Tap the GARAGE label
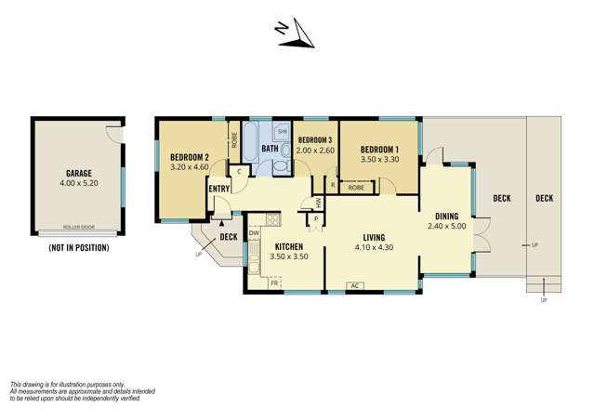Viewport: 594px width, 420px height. click(78, 173)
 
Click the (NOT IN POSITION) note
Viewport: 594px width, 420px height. click(78, 248)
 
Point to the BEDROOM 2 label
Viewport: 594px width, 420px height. click(189, 157)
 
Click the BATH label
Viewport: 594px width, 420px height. click(270, 149)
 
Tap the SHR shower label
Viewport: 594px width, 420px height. click(281, 132)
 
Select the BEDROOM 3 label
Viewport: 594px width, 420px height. click(314, 139)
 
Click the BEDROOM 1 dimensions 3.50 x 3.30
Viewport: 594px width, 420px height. click(379, 160)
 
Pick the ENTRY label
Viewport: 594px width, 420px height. click(219, 190)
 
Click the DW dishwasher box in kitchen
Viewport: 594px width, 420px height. click(254, 233)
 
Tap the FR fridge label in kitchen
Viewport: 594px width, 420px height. click(274, 282)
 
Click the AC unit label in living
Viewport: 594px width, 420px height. click(353, 285)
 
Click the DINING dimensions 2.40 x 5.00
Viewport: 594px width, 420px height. click(446, 226)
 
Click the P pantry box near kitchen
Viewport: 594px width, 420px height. click(317, 219)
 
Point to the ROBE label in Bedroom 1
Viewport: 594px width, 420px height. click(356, 188)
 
